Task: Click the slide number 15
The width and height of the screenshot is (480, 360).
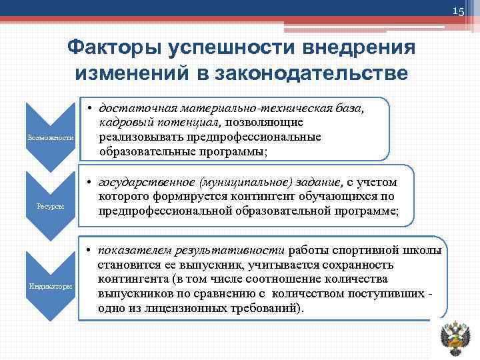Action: [459, 12]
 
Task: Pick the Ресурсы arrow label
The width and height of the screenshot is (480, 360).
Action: [51, 207]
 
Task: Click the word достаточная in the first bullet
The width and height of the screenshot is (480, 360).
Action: [133, 108]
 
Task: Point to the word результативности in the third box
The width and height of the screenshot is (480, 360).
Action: [230, 251]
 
